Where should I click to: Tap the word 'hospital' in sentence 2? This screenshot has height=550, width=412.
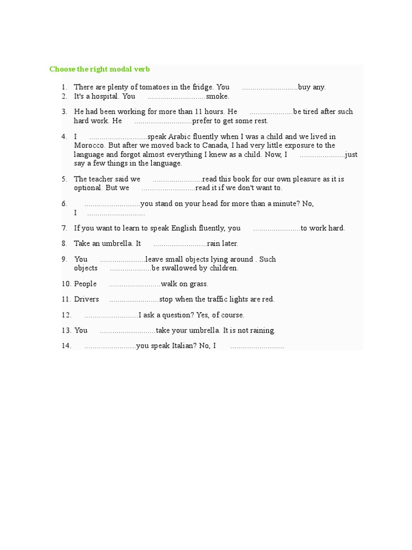coord(105,97)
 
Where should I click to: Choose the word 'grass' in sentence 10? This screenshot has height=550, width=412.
coord(198,284)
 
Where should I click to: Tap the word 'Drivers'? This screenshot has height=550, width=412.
coord(86,299)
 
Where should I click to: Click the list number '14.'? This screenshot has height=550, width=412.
coord(67,346)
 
